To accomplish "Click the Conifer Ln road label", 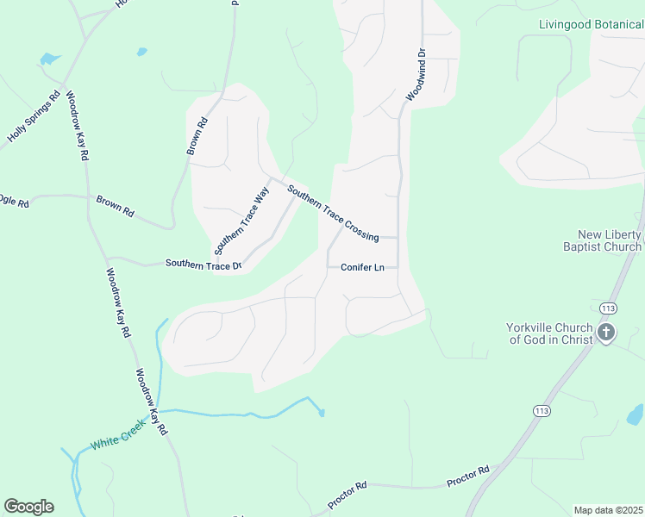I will point(362,267).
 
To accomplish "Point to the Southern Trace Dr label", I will point(204,265).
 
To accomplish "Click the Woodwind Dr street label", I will point(416,76).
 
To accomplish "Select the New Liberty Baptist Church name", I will point(610,241).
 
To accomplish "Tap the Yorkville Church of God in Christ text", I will point(549,333).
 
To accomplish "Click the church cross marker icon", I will point(606,333).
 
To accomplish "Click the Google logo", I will point(28,507).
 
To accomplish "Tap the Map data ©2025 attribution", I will point(608,510).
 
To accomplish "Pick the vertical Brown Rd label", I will point(198,137).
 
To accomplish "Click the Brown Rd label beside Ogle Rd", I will point(115,206).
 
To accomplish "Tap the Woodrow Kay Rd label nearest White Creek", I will point(150,402).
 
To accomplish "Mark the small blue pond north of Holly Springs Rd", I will point(49,59).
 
